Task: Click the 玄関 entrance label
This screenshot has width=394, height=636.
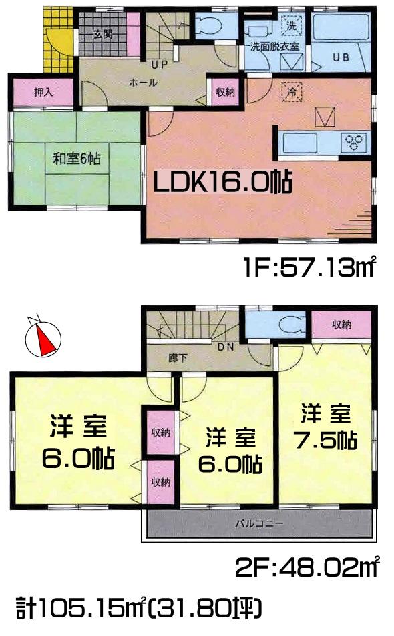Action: pos(103,35)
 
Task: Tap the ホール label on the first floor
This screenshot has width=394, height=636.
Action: pos(143,83)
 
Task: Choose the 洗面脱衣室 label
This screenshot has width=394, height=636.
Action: pos(274,47)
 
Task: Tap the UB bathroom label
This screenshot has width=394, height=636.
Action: pos(341,57)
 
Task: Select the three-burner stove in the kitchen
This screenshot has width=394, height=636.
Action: pos(354,141)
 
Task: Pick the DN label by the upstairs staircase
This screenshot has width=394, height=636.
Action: pos(225,347)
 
